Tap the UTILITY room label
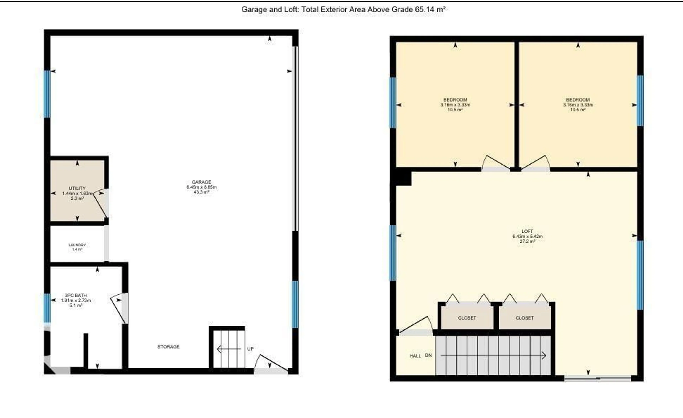(77, 188)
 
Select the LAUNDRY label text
(77, 245)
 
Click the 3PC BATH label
(76, 295)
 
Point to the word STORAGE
(168, 347)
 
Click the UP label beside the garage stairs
(250, 349)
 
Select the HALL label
(415, 356)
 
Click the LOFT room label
(527, 231)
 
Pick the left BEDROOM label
(455, 100)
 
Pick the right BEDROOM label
(578, 100)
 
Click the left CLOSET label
(467, 318)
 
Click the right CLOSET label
(525, 318)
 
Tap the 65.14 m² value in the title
(430, 9)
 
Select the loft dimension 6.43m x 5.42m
(527, 236)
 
